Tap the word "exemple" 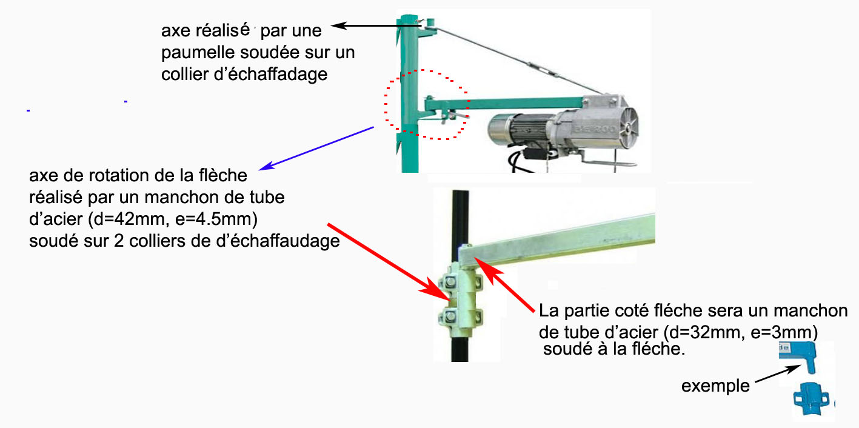point(715,386)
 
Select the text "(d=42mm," point(129,219)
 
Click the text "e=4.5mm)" point(216,219)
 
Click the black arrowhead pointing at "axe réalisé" point(338,25)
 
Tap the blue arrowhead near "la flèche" point(266,166)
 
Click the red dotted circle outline point(384,105)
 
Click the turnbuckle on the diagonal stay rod point(540,69)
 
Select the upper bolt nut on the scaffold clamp point(450,283)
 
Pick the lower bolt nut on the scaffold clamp point(450,317)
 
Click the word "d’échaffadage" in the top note point(270,75)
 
